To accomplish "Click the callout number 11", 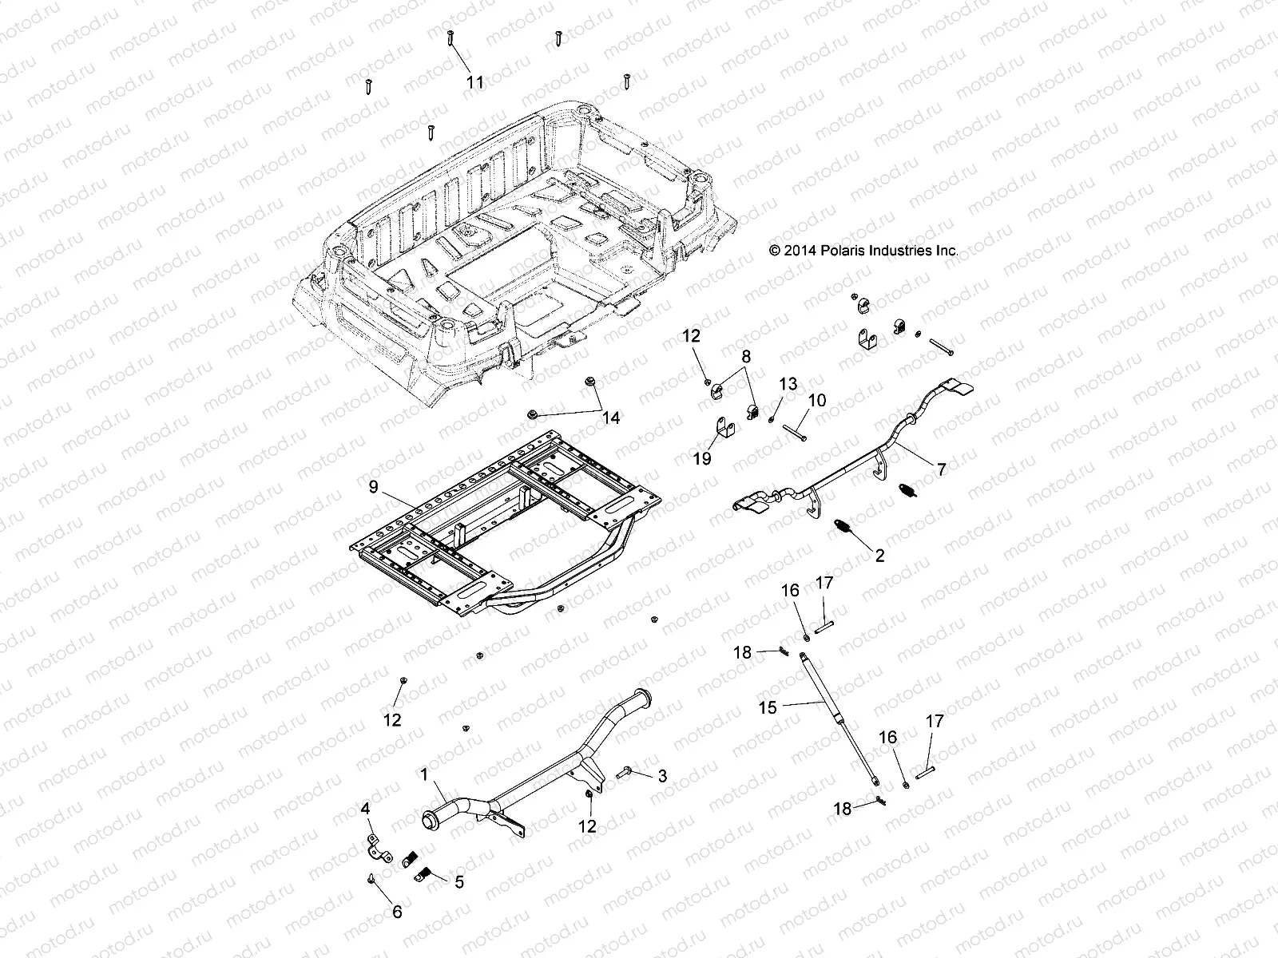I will (x=475, y=82).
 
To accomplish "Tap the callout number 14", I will (x=611, y=418).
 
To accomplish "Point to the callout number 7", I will (x=941, y=469).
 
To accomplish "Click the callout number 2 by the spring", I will (x=879, y=556).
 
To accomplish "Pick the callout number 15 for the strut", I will (x=768, y=707).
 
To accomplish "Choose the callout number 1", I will (x=424, y=775).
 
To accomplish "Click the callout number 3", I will (x=662, y=775).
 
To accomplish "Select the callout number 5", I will (x=458, y=882).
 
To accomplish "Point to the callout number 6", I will (x=397, y=912).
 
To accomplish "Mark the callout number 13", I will (x=788, y=384).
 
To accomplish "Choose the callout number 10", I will (x=817, y=400).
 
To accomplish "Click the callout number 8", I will (x=745, y=356).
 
